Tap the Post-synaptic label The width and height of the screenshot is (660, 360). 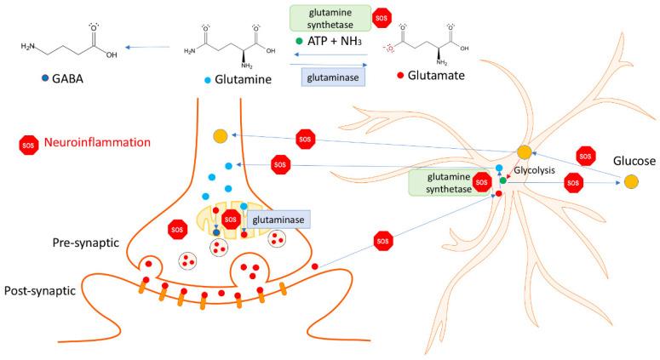(42, 290)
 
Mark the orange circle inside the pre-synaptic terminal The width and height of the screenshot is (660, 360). (220, 136)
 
